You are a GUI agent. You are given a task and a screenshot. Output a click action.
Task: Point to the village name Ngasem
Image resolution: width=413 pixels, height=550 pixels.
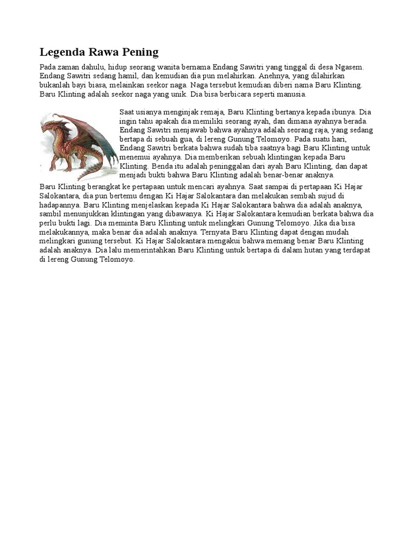tap(350, 67)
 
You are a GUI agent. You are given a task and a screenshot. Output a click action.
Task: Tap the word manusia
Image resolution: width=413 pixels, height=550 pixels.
tap(290, 94)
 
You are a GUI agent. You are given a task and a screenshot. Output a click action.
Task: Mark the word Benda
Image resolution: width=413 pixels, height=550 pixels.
tap(164, 166)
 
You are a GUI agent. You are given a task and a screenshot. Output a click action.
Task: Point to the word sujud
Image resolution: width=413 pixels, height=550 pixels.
tap(322, 196)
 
